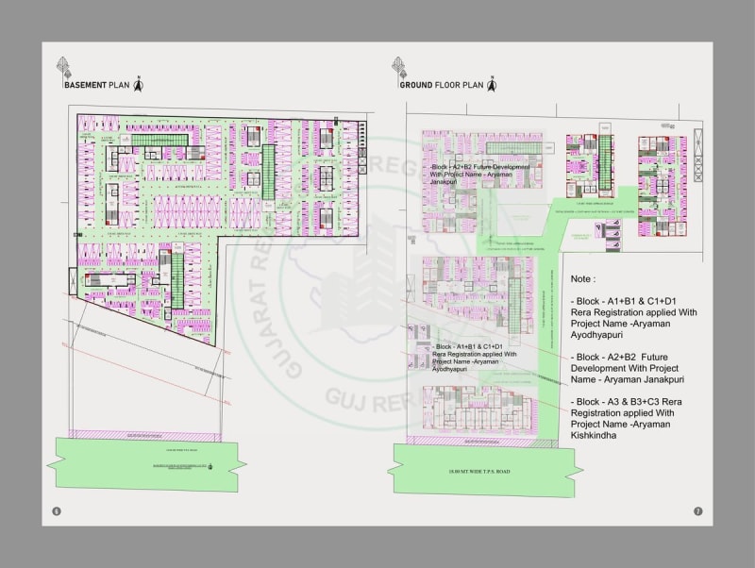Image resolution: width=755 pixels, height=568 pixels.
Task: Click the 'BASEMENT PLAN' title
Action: (x=96, y=85)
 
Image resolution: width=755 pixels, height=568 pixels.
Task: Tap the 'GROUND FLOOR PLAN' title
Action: (x=441, y=85)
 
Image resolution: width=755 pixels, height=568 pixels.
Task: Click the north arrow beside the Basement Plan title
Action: (x=138, y=84)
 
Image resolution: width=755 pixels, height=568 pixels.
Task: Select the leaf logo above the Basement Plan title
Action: (x=64, y=67)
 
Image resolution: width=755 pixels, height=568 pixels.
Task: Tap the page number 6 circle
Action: (x=57, y=511)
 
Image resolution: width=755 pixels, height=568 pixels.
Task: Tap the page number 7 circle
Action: (x=697, y=511)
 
